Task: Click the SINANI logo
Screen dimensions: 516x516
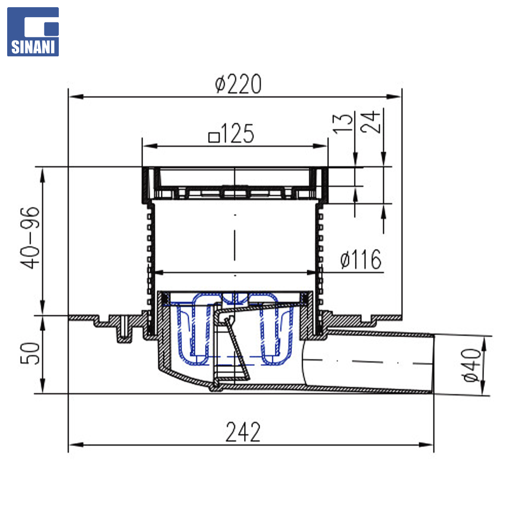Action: tap(33, 32)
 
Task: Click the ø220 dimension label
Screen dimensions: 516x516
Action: tap(238, 84)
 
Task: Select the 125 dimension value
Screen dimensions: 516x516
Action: tap(237, 134)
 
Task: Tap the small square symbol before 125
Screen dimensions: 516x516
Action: tap(214, 137)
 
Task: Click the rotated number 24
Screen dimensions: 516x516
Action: tap(370, 122)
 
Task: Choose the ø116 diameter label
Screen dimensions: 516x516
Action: tap(361, 259)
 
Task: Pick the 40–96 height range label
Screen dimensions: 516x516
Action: tap(30, 238)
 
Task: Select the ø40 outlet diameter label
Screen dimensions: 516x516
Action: tap(471, 365)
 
